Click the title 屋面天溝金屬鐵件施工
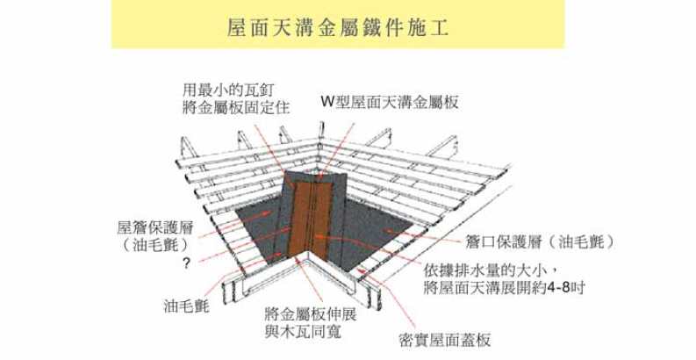click(x=338, y=27)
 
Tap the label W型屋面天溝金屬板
click(x=390, y=102)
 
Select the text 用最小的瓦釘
click(x=228, y=90)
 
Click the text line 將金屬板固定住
click(x=236, y=107)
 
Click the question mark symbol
click(x=186, y=263)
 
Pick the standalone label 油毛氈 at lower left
click(x=186, y=306)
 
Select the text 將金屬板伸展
click(x=311, y=314)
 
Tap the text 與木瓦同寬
click(x=303, y=331)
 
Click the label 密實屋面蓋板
click(x=445, y=340)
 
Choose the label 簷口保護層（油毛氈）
click(x=540, y=241)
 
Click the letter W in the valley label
click(x=327, y=103)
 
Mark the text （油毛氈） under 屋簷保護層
click(x=155, y=245)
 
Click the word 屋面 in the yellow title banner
click(x=248, y=27)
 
